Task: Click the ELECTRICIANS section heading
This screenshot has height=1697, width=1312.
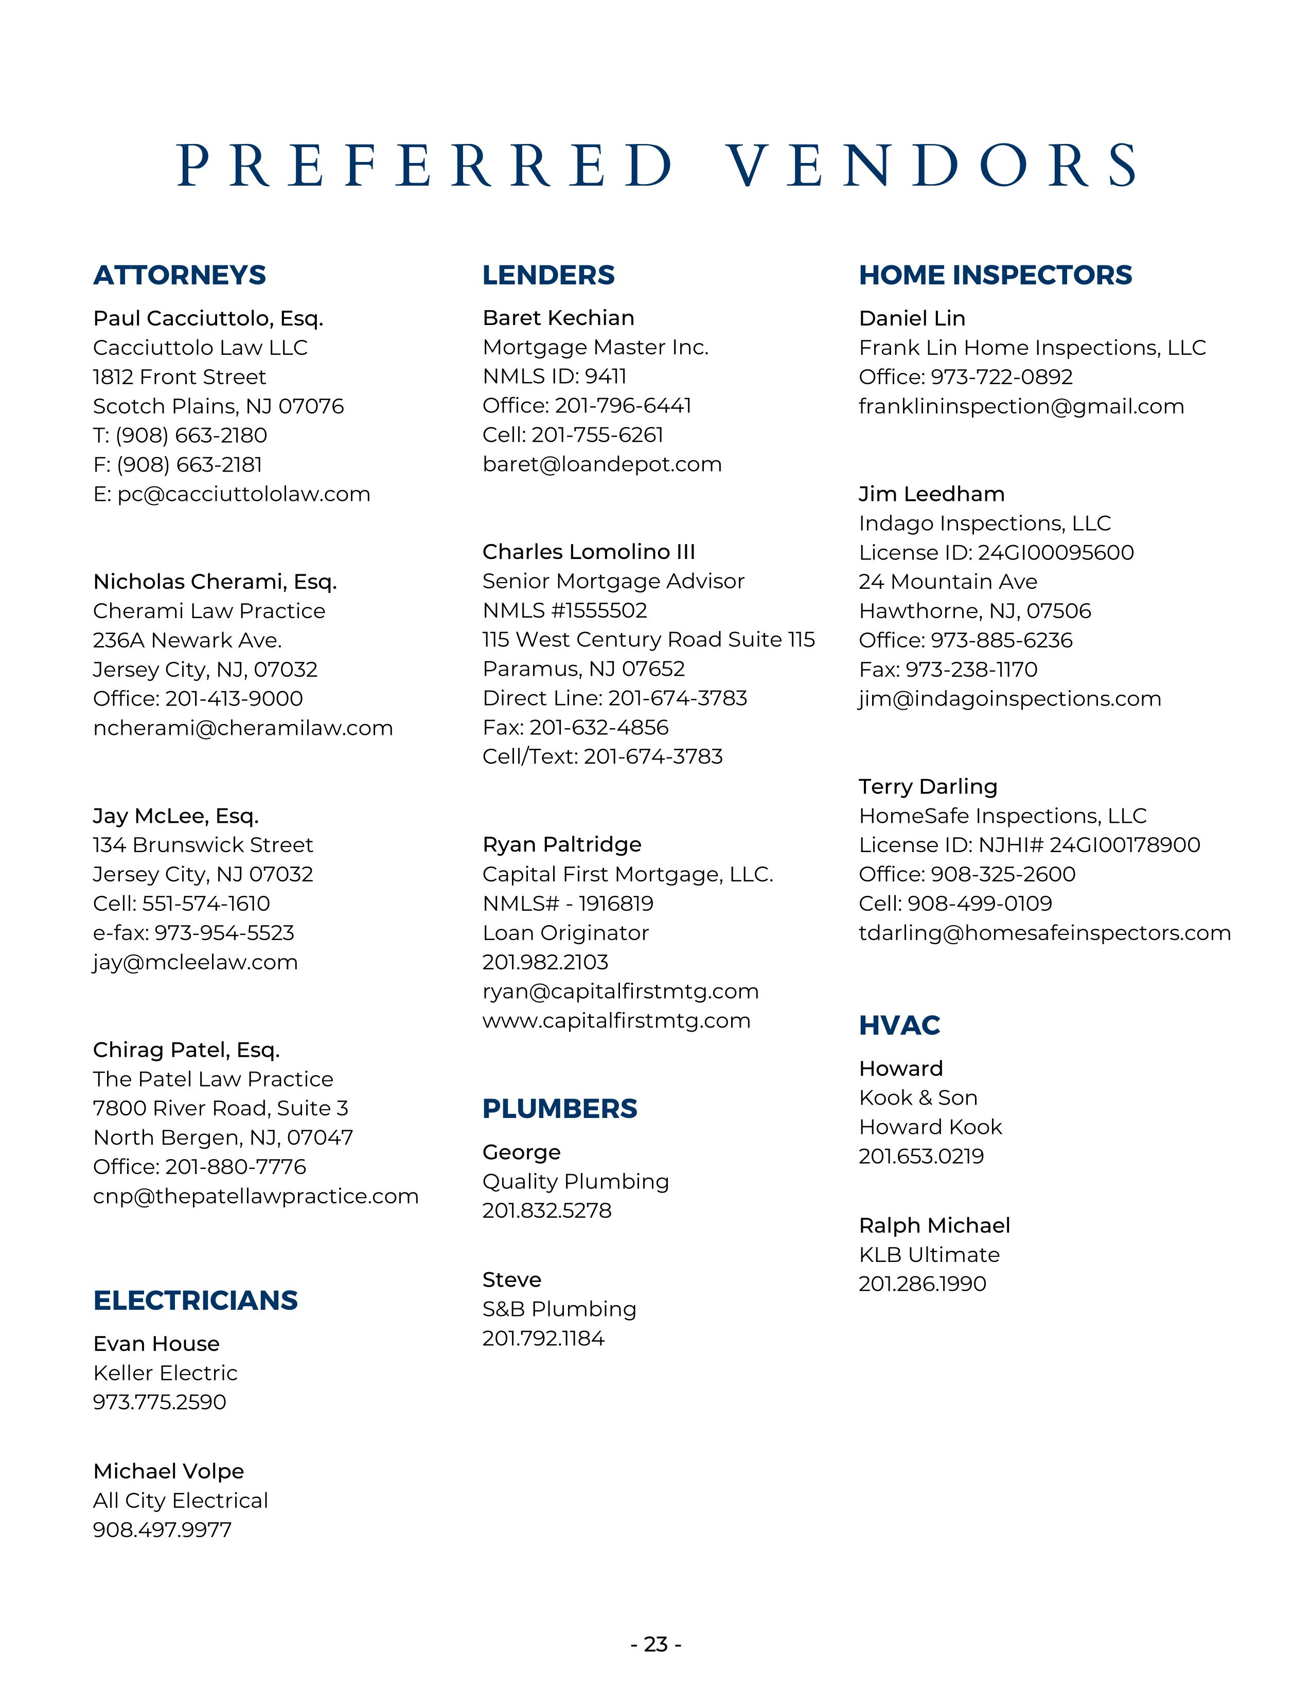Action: coord(195,1300)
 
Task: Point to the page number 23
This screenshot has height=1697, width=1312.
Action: coord(656,1644)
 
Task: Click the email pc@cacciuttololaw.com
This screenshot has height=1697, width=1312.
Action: coord(232,494)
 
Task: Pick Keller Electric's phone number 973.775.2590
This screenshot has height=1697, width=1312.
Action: coord(159,1402)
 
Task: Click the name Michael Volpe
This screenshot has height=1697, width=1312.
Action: coord(169,1471)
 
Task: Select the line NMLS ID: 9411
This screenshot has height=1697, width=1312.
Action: coord(554,376)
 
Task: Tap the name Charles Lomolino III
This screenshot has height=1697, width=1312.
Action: coord(589,552)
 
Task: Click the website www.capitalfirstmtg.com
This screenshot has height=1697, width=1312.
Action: coord(616,1020)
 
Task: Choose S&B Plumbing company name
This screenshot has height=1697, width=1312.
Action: coord(559,1309)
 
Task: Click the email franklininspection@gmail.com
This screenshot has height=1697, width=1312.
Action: coord(1021,406)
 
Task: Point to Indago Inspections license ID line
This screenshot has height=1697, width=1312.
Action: coord(996,552)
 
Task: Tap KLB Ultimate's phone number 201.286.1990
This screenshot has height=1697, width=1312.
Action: coord(922,1284)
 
